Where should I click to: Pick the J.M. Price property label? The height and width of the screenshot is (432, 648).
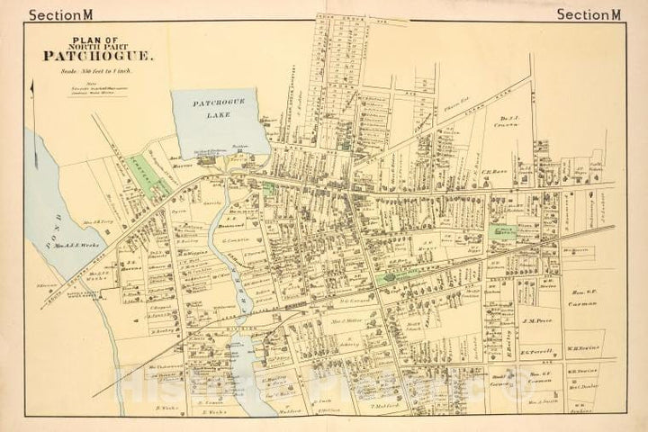[x=535, y=319]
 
